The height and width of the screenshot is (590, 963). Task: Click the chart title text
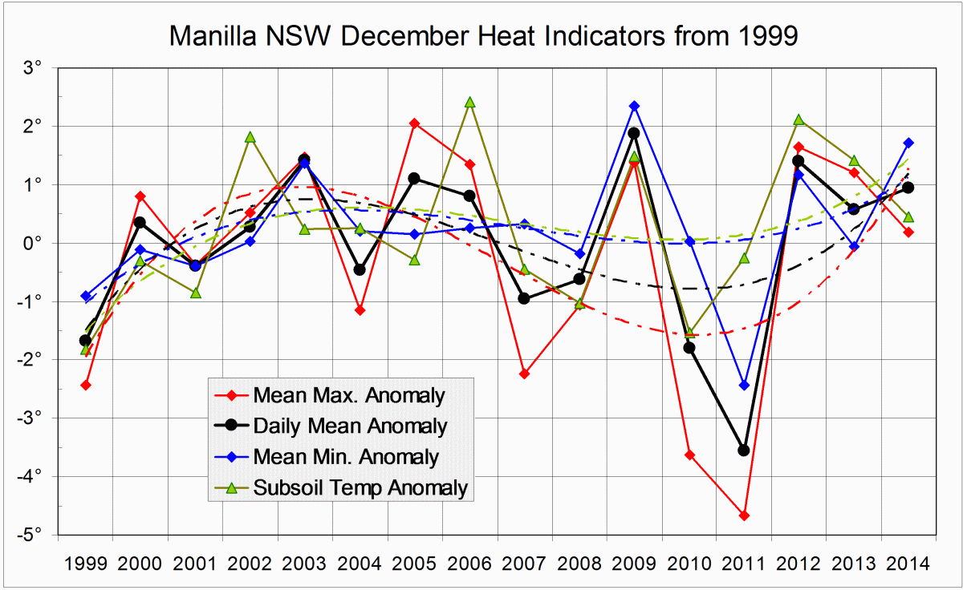(x=483, y=36)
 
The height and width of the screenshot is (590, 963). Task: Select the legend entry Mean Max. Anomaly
(x=348, y=394)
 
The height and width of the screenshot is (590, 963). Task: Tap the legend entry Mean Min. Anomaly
(x=345, y=456)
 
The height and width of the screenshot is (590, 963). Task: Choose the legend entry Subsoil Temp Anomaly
(x=360, y=487)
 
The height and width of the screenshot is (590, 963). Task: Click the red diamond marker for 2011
(x=744, y=515)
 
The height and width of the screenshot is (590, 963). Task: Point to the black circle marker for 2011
(x=744, y=451)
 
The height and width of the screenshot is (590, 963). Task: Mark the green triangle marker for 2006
(x=469, y=103)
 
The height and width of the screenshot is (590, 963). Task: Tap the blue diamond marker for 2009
(x=634, y=106)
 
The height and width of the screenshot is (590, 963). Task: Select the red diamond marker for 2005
(x=415, y=123)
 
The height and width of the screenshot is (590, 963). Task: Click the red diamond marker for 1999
(x=85, y=385)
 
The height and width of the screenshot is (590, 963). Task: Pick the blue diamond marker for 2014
(x=908, y=143)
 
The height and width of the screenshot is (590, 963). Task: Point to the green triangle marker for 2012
(x=798, y=119)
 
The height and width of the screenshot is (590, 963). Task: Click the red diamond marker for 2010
(x=689, y=455)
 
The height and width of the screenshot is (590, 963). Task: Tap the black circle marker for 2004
(x=360, y=269)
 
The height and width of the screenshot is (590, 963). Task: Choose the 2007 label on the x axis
(x=524, y=564)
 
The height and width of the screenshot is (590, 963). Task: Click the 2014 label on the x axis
(x=908, y=564)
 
